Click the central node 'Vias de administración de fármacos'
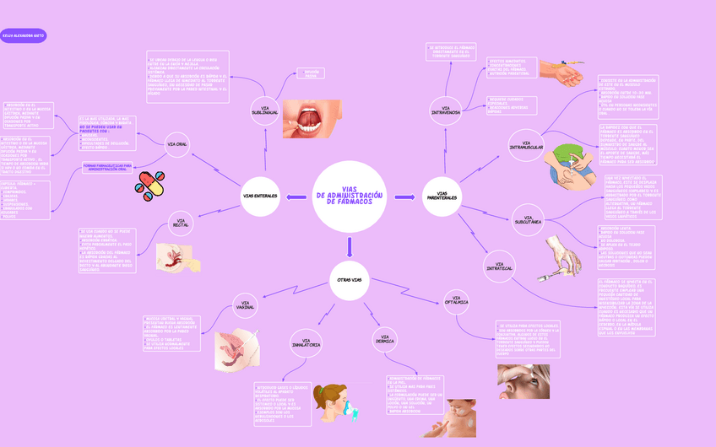pyautogui.click(x=350, y=197)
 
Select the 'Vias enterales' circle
pyautogui.click(x=260, y=197)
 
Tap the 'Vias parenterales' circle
pyautogui.click(x=442, y=197)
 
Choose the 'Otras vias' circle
pyautogui.click(x=350, y=279)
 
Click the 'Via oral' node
pyautogui.click(x=177, y=144)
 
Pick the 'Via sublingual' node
pyautogui.click(x=264, y=110)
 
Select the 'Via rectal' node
pyautogui.click(x=181, y=223)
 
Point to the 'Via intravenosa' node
pyautogui.click(x=446, y=110)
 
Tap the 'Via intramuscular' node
pyautogui.click(x=527, y=146)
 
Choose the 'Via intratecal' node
pyautogui.click(x=499, y=268)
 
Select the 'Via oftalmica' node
pyautogui.click(x=457, y=299)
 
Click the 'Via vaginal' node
pyautogui.click(x=246, y=305)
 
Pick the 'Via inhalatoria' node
pyautogui.click(x=306, y=342)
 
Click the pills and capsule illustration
pyautogui.click(x=151, y=186)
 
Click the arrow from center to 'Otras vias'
pyautogui.click(x=350, y=246)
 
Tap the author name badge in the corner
pyautogui.click(x=24, y=36)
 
